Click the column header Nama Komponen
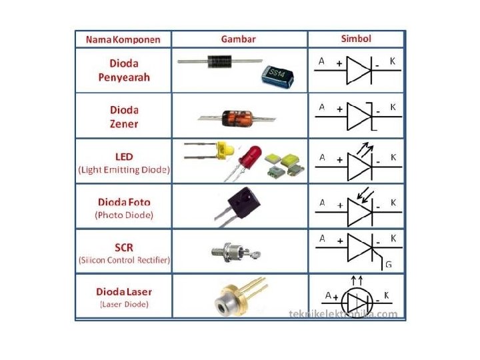tap(123, 39)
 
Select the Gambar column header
tap(238, 39)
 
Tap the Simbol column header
tap(355, 39)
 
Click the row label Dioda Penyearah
tap(124, 70)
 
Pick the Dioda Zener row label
tap(124, 116)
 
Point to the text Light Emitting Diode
tap(124, 170)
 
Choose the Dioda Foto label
tap(124, 201)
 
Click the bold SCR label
tap(124, 247)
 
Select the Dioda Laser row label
tap(124, 291)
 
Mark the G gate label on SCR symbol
tap(388, 265)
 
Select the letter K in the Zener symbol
tap(393, 107)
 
